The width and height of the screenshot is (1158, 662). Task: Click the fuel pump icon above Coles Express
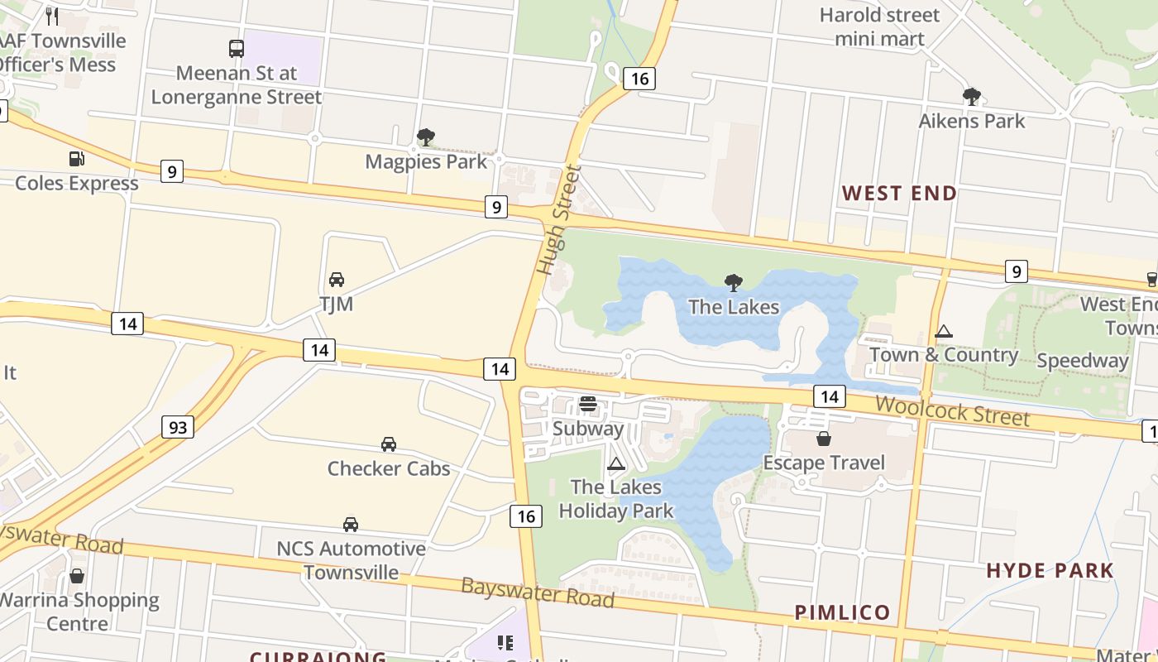(x=76, y=159)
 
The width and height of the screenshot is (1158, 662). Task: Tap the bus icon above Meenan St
(x=237, y=49)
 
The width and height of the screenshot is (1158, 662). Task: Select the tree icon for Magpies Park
(x=426, y=137)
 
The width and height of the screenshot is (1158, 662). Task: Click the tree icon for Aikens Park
(x=972, y=97)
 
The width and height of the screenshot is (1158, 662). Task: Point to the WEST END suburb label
(x=899, y=193)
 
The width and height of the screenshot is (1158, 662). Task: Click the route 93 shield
(x=177, y=427)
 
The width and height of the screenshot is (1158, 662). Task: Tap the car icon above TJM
(x=337, y=280)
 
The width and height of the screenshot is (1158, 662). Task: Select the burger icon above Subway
(x=588, y=404)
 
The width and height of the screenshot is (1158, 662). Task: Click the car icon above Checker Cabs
(x=389, y=444)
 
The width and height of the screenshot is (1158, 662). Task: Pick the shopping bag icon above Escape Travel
(x=824, y=439)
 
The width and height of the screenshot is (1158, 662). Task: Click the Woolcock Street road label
(x=952, y=410)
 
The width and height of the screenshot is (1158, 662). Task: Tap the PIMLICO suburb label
(x=842, y=612)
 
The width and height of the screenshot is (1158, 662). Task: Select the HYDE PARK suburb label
(x=1050, y=570)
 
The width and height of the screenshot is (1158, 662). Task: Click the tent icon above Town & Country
(x=943, y=332)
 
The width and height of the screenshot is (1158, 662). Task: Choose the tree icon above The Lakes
(x=733, y=283)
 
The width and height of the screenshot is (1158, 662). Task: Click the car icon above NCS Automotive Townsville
(x=351, y=525)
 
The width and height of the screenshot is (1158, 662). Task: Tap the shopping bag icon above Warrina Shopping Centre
(x=77, y=576)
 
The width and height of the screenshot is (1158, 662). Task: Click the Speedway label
(x=1082, y=361)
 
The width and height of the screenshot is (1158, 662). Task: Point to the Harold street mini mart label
(x=879, y=26)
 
